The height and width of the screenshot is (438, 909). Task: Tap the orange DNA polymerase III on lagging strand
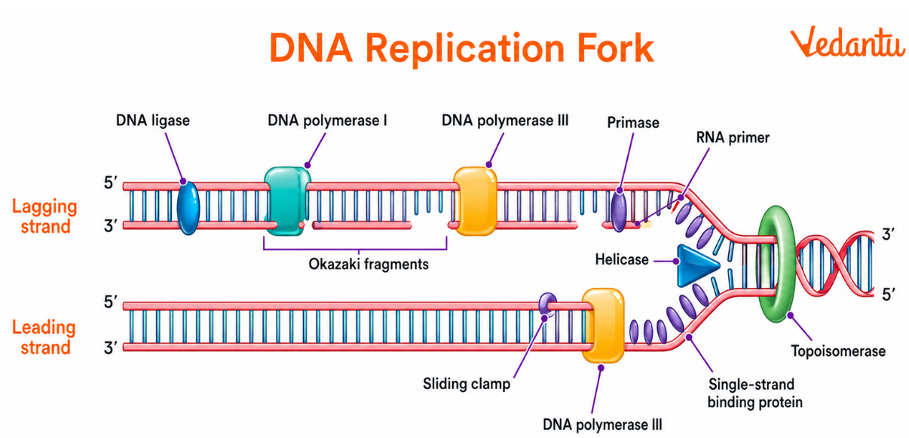pos(475,200)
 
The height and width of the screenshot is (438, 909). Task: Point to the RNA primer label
pos(733,138)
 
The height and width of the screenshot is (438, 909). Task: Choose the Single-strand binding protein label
pos(754,393)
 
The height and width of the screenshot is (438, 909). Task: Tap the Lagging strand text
pos(44,216)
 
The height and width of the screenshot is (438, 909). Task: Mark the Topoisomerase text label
pos(837,351)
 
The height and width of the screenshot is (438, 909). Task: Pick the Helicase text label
pos(621,259)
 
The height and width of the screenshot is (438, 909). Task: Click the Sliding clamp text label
pos(466,384)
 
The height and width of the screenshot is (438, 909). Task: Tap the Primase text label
pos(633,122)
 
